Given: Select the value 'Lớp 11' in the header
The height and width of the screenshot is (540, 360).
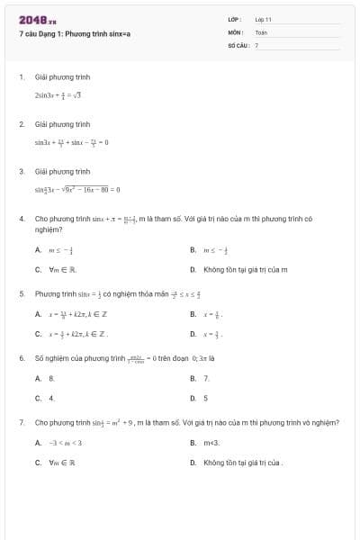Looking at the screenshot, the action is click(x=263, y=18).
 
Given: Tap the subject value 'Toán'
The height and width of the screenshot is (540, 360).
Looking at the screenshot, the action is click(x=261, y=31).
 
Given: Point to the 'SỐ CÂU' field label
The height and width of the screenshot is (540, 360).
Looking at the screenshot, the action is click(x=238, y=44).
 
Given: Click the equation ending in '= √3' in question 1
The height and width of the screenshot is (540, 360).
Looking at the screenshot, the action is click(x=58, y=94).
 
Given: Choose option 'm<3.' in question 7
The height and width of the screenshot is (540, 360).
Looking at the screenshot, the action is click(x=211, y=444).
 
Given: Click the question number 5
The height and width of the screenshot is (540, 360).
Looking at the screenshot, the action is click(x=21, y=293).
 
